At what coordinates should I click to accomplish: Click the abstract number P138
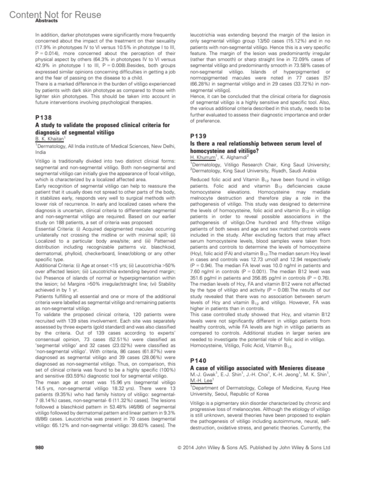43,118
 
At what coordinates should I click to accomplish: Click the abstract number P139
198,136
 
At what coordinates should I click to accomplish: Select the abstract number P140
198,361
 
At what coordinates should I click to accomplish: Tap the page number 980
39,447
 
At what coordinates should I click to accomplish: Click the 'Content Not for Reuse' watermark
55,15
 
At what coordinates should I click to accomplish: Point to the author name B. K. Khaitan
49,139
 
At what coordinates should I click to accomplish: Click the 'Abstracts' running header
46,21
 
